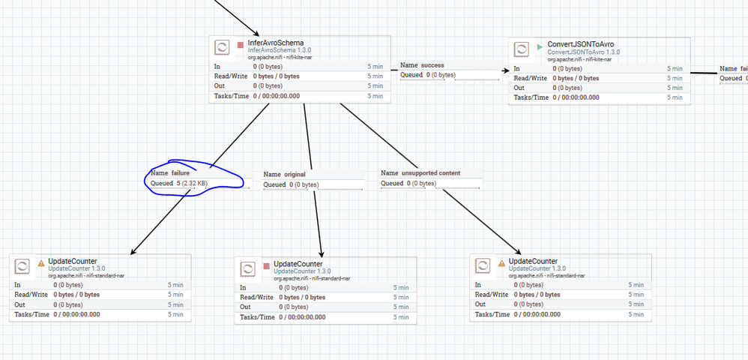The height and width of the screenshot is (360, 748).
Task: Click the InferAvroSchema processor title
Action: (x=275, y=43)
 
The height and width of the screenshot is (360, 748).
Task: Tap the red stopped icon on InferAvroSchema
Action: (x=241, y=44)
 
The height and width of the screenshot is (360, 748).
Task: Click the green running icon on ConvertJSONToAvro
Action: (x=540, y=46)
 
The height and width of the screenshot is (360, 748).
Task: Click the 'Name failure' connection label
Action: (x=172, y=173)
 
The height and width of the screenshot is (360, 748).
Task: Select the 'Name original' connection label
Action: (x=285, y=175)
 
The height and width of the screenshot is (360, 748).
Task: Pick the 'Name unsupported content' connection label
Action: (x=420, y=173)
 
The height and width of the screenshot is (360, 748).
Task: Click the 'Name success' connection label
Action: (x=422, y=65)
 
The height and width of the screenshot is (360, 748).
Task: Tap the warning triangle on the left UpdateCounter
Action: (x=41, y=262)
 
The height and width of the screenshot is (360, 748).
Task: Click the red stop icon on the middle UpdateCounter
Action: (x=266, y=265)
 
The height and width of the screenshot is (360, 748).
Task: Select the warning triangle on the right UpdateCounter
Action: (x=501, y=262)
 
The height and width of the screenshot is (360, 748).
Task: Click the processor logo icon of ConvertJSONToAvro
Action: (x=522, y=50)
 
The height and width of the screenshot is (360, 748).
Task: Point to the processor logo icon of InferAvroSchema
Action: (x=222, y=47)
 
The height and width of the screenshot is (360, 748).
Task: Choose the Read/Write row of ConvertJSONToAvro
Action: (x=597, y=78)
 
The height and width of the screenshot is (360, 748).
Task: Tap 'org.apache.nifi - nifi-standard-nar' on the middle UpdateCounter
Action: (x=311, y=278)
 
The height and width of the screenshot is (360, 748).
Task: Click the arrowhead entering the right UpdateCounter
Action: (x=517, y=253)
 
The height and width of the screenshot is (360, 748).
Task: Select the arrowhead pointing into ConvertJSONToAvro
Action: (x=498, y=73)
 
